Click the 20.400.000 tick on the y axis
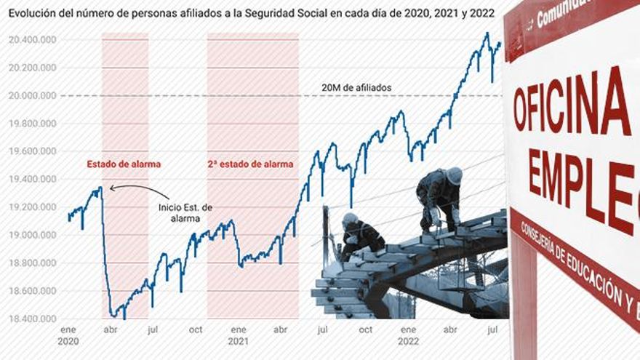[x=33, y=40]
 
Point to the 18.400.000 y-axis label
[x=33, y=319]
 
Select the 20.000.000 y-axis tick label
[x=33, y=96]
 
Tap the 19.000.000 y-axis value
[x=33, y=235]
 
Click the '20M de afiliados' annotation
[x=356, y=88]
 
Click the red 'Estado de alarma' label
[x=124, y=164]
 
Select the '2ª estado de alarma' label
[x=252, y=164]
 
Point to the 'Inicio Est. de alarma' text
[x=185, y=212]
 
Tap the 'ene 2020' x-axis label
[x=68, y=335]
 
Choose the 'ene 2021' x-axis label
[x=238, y=335]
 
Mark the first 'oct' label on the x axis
[x=196, y=329]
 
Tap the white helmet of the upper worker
[x=454, y=175]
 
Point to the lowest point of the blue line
[x=124, y=318]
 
